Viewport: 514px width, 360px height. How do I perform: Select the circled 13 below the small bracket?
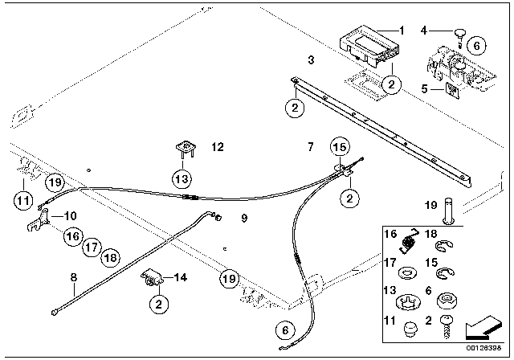(x=182, y=178)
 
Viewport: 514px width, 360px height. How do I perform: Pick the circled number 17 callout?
(x=91, y=246)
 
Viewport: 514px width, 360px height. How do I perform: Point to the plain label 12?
(x=218, y=148)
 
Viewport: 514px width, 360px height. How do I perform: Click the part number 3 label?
(x=311, y=60)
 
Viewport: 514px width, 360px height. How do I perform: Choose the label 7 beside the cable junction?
(x=310, y=148)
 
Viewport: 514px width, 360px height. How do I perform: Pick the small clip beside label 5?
(x=451, y=90)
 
